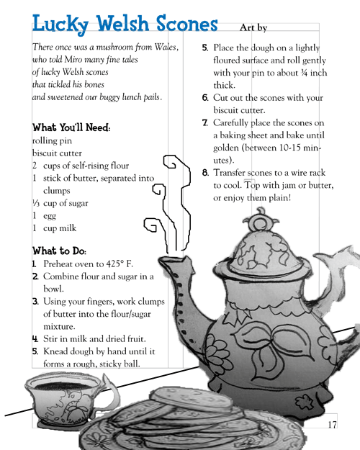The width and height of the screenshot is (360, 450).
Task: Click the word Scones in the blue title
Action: [x=187, y=24]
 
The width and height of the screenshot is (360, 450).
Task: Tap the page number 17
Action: [x=332, y=425]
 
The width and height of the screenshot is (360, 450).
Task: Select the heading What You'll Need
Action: [x=71, y=127]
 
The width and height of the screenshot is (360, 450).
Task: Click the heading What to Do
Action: [x=59, y=251]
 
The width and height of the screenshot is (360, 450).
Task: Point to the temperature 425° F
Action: [x=120, y=264]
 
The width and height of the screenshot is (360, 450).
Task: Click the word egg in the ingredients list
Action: [x=50, y=216]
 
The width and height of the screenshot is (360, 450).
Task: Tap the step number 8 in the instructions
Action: [x=205, y=173]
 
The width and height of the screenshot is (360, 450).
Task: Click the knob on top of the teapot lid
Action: [x=260, y=220]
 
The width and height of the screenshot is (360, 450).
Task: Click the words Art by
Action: [x=253, y=27]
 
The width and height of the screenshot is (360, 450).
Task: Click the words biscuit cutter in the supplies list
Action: [x=57, y=153]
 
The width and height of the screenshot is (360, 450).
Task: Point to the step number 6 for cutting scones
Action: [x=205, y=98]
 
